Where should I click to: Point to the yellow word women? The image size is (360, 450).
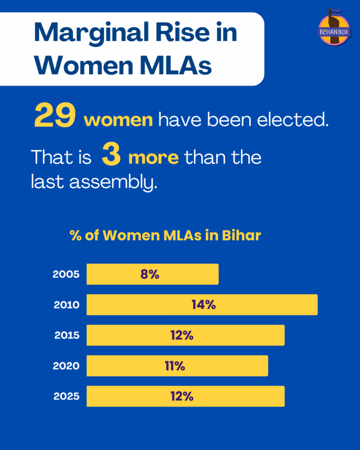[119, 120]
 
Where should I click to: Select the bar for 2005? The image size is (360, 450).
[152, 274]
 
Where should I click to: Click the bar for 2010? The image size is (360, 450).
[202, 305]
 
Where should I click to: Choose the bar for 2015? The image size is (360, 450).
[185, 335]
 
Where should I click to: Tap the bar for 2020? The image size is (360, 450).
[177, 366]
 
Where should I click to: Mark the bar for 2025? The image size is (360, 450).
[185, 396]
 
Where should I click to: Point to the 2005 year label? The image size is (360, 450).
[66, 275]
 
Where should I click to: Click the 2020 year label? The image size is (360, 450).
[66, 366]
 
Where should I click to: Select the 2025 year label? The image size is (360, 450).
[66, 396]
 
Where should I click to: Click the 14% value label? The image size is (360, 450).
[204, 305]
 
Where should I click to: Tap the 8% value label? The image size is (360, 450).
[149, 274]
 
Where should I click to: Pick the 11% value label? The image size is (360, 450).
[175, 366]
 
